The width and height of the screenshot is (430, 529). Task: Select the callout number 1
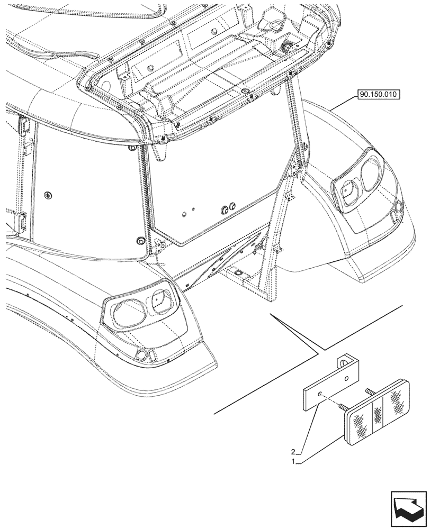point(293,461)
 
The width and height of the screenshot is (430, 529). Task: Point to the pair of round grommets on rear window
point(231,208)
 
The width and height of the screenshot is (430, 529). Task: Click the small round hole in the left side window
point(49,195)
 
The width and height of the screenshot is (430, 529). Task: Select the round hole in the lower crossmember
point(238,273)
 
